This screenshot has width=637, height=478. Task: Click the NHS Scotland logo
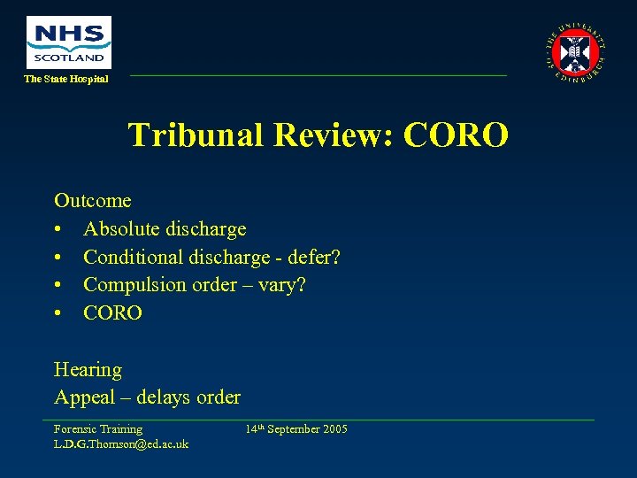(x=69, y=42)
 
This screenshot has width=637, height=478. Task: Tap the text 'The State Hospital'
(x=66, y=80)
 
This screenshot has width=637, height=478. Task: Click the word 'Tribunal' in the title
(x=196, y=135)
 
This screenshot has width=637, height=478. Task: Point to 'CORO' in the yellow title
(x=457, y=135)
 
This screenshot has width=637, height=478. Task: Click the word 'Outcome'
(x=92, y=201)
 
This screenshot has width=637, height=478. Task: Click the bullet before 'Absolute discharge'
(x=58, y=229)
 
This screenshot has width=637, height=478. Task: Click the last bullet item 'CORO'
(x=112, y=313)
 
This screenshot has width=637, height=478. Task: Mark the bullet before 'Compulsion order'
(x=58, y=285)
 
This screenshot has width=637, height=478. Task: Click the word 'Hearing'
(x=88, y=370)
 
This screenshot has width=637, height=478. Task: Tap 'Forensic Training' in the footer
(x=98, y=429)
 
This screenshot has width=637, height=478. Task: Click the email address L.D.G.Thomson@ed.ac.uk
(x=121, y=443)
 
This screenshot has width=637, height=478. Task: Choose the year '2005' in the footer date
(x=334, y=429)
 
